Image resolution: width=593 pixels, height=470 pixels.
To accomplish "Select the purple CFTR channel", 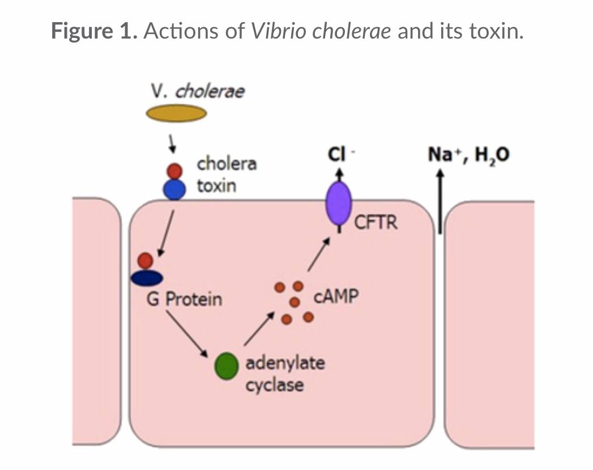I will pos(338,204).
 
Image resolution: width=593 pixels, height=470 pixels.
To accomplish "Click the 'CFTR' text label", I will pos(376,222).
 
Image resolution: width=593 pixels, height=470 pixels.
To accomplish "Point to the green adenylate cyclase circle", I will pos(225,366).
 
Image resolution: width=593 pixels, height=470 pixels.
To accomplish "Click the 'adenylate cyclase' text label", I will pos(284,374).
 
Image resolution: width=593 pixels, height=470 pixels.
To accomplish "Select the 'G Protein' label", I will pos(184,299).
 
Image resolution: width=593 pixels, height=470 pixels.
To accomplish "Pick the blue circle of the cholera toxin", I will pos(174,189).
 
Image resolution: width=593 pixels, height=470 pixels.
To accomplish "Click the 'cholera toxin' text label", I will pos(226,175).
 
